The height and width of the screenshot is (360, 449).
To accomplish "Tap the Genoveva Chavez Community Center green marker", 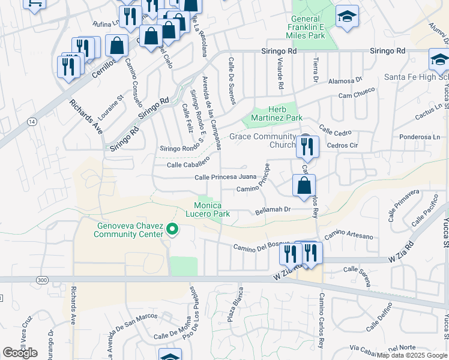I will [172, 229].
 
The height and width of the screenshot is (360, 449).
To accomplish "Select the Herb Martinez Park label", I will [277, 113].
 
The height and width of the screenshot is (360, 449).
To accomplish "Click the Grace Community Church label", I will [263, 140].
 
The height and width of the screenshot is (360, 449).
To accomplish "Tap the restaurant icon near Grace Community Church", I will [307, 146].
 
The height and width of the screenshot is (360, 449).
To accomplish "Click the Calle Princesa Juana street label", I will [226, 177].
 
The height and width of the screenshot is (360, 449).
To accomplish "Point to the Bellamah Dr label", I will [273, 209].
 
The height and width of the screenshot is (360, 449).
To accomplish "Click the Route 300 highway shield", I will [41, 280].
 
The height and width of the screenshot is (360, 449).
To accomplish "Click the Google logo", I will [20, 353].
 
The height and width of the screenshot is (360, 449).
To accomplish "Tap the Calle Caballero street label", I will [187, 164].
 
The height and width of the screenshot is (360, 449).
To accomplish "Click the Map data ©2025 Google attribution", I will [412, 355].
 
